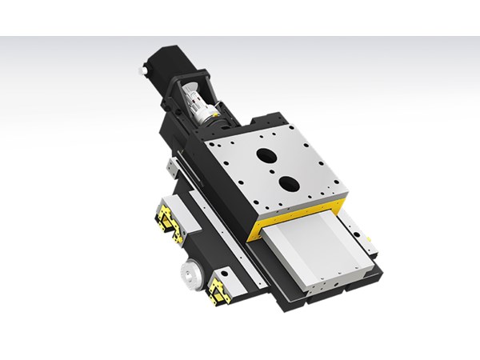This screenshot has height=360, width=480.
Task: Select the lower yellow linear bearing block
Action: pos(218,293)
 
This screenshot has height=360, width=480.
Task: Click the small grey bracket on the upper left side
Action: pos(172,167)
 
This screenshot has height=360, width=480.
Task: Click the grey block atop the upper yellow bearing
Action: pos(179,210)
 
